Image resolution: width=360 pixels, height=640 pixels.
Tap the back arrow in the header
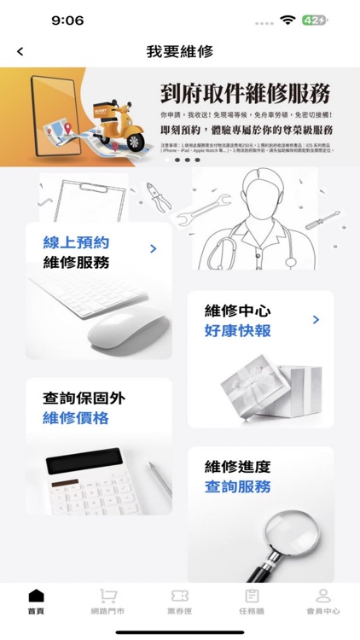(x=20, y=52)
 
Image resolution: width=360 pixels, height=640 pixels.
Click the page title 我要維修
(x=180, y=52)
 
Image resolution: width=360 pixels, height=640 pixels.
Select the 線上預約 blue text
(x=77, y=243)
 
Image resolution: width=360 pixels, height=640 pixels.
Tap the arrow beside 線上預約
(x=154, y=249)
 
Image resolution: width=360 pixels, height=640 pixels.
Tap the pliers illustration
(x=157, y=195)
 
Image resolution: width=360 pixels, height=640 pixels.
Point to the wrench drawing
(x=205, y=206)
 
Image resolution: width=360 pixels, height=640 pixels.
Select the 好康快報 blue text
(x=238, y=330)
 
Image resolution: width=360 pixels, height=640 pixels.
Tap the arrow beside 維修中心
(x=316, y=320)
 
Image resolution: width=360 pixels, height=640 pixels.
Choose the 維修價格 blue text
(x=77, y=418)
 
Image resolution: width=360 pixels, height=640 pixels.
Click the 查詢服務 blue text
(x=238, y=487)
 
